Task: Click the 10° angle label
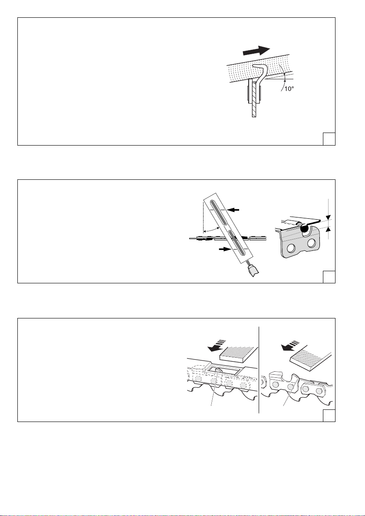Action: [289, 89]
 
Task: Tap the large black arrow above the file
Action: [256, 51]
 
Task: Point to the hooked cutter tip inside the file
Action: [259, 68]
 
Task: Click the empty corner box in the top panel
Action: [329, 139]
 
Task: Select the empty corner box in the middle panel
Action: [329, 277]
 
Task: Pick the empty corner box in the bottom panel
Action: [329, 415]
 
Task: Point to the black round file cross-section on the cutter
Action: [304, 228]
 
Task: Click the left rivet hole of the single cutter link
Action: [291, 248]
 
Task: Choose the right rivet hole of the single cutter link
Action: [311, 244]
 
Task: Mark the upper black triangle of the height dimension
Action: [328, 217]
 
